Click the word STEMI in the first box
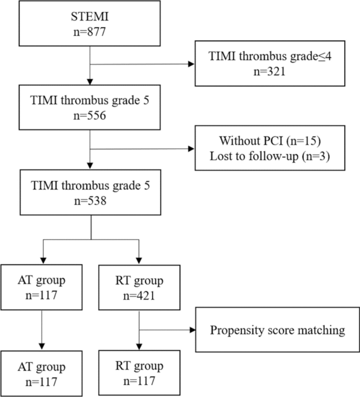tap(91, 17)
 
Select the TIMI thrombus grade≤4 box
tap(270, 64)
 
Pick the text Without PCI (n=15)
tap(270, 141)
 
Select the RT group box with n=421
tap(138, 287)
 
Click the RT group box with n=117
tap(138, 374)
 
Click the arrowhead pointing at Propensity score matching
tap(191, 331)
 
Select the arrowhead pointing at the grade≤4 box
tap(191, 65)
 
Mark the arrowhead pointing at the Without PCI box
tap(191, 148)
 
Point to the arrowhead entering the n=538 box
tap(91, 167)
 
